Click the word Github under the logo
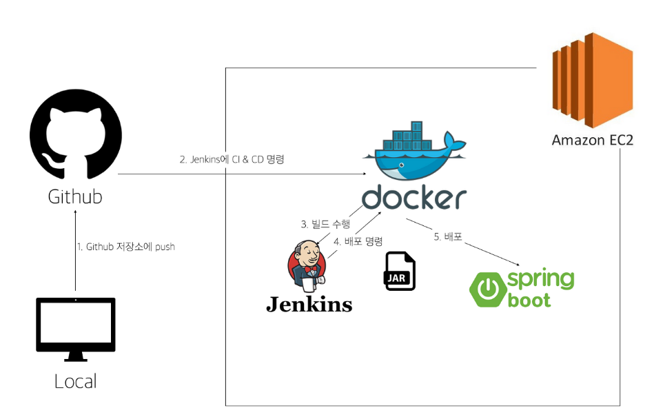click(75, 196)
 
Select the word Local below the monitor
click(75, 380)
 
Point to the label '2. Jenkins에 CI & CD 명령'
click(232, 159)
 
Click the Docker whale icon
click(413, 151)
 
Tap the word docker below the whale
click(413, 198)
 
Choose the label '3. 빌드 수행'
click(325, 224)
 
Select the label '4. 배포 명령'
click(358, 242)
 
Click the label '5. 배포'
click(447, 236)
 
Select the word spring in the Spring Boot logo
click(541, 280)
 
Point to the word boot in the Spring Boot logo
click(529, 300)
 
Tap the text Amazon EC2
click(592, 140)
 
